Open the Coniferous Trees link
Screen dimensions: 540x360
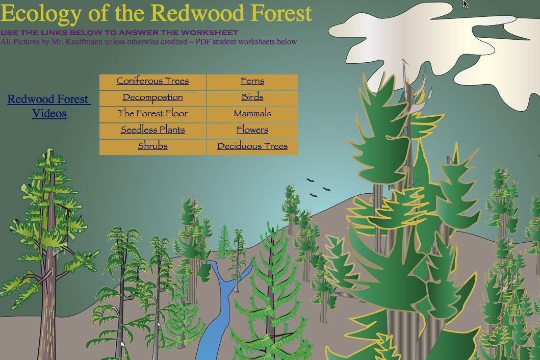152,81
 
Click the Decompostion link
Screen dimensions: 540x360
152,97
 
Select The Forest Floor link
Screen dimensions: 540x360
152,113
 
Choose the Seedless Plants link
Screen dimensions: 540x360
152,130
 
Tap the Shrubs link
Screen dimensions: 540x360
152,146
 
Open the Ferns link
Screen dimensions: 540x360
252,81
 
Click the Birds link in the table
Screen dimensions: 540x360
252,97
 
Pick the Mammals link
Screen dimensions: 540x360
252,113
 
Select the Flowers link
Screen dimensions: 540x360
252,130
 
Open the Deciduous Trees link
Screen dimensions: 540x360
252,146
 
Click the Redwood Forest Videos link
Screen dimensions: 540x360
49,106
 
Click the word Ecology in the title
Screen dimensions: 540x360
41,14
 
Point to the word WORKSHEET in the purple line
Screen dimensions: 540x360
210,33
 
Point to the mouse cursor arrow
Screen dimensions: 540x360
465,4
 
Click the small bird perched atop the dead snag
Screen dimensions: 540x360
405,62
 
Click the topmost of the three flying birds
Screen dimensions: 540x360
310,180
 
